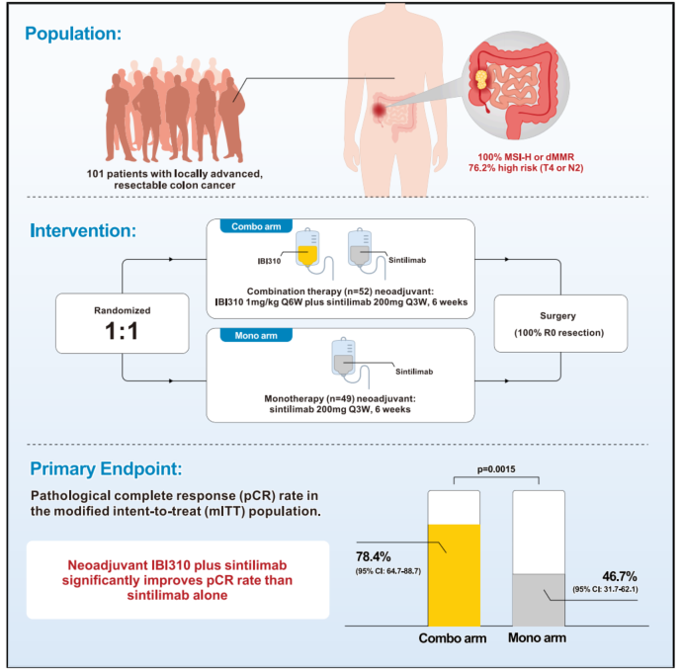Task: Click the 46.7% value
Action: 620,575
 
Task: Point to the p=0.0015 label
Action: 497,469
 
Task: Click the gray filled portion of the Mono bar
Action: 538,599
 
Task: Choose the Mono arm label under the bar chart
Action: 540,639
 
